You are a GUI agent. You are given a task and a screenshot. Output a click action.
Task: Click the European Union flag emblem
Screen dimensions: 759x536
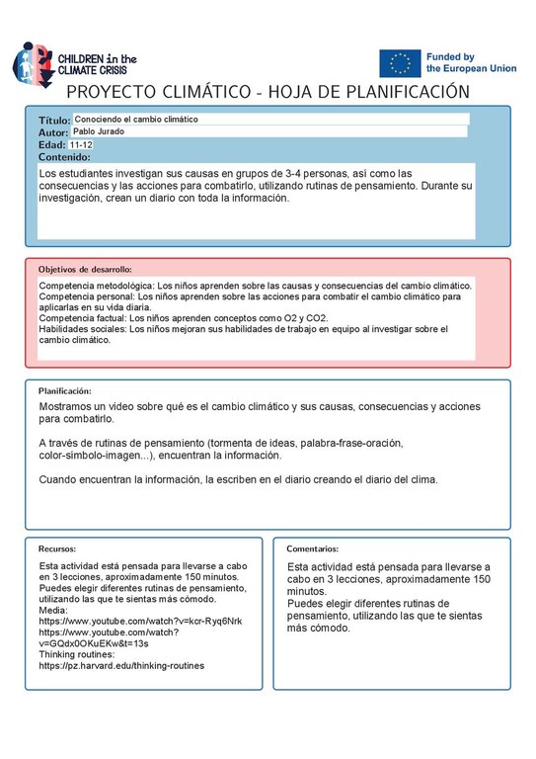[x=400, y=63]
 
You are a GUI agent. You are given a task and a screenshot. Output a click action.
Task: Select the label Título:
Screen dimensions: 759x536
[x=55, y=119]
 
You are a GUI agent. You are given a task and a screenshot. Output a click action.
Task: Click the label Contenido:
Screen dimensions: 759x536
[x=65, y=157]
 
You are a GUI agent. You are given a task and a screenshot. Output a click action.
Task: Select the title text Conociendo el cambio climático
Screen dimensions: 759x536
[x=136, y=119]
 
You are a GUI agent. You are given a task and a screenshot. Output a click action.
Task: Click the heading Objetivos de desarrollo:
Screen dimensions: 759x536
[x=85, y=269]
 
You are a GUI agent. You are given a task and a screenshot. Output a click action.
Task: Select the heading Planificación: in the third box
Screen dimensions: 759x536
[x=65, y=391]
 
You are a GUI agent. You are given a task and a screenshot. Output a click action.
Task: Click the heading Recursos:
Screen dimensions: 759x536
[x=57, y=548]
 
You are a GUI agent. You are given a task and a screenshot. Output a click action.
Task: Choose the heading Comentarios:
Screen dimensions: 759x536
[x=313, y=548]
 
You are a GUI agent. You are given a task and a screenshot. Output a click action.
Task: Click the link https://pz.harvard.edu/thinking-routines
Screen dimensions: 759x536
[x=121, y=666]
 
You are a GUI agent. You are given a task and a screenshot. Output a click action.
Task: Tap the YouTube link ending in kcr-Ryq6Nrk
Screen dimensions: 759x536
[x=140, y=621]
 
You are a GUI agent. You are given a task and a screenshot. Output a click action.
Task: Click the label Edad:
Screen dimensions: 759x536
[x=51, y=144]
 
